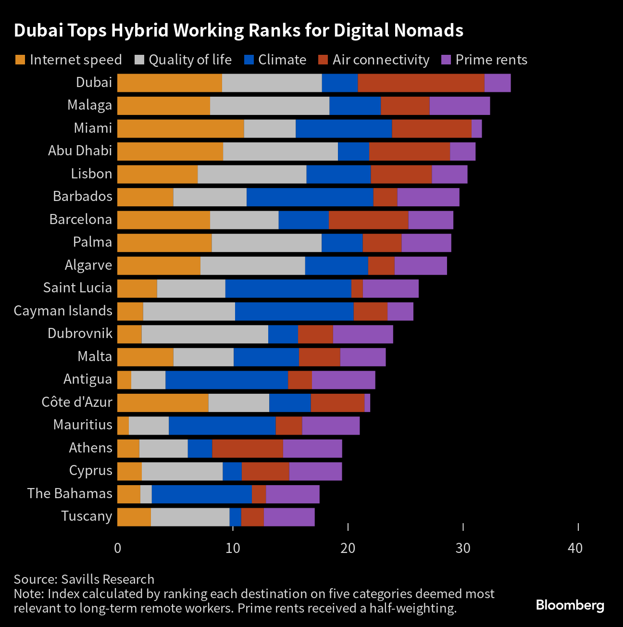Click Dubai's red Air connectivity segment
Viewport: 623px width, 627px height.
[421, 83]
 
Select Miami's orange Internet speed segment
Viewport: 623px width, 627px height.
[180, 129]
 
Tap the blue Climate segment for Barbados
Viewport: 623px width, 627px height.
[310, 197]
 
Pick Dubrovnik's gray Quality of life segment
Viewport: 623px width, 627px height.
[205, 334]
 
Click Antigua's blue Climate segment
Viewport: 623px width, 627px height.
[226, 380]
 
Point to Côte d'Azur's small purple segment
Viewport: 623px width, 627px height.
[367, 403]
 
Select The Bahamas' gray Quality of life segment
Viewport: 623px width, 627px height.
[146, 494]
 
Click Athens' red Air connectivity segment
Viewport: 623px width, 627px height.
[248, 449]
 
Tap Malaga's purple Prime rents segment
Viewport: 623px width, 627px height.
[460, 106]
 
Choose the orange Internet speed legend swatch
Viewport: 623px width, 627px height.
[20, 60]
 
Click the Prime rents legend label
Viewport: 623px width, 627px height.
[491, 60]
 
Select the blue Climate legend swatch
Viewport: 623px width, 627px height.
[249, 60]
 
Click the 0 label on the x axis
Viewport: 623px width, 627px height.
[118, 548]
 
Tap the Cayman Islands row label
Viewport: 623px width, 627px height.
[63, 311]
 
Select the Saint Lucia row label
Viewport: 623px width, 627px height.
[77, 288]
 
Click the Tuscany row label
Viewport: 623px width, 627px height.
[87, 516]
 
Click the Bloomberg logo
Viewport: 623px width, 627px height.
[570, 605]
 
